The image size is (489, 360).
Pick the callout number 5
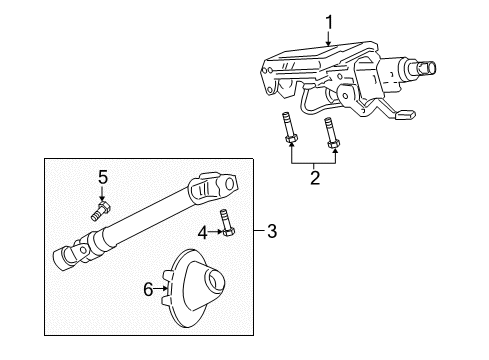(101, 178)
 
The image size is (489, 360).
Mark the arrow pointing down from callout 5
(101, 195)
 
